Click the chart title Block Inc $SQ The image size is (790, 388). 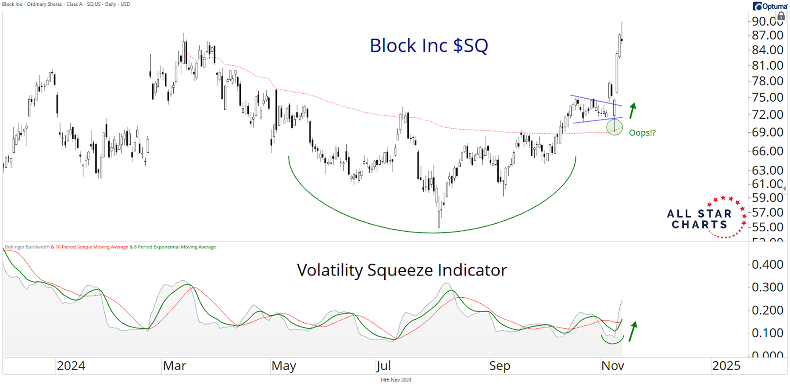point(429,46)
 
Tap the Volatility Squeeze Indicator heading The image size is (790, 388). point(401,270)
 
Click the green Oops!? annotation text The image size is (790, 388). point(642,133)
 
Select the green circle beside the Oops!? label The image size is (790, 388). point(614,127)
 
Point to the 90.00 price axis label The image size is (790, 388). point(767,21)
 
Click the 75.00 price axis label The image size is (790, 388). point(767,97)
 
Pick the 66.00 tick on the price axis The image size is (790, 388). point(767,151)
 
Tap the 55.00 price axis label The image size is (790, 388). point(767,227)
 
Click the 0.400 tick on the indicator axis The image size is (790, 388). point(767,265)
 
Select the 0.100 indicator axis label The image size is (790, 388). point(767,333)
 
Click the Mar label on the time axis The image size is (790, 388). point(175,366)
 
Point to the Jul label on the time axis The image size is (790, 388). point(383,366)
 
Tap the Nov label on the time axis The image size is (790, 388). point(613,366)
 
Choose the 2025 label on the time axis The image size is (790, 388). point(726,366)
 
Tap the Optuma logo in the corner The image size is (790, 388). point(770,6)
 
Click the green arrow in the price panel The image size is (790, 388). point(632,111)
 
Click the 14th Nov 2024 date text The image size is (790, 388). point(395,380)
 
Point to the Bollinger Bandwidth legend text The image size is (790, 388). point(27,247)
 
